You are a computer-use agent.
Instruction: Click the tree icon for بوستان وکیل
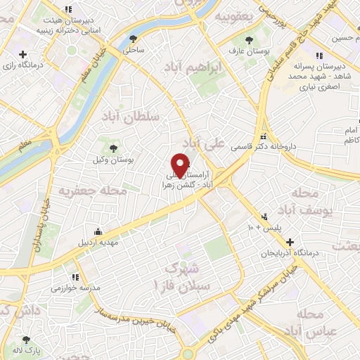point(114,146)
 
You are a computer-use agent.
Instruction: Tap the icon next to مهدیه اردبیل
point(97,233)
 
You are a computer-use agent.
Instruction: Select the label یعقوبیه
point(234,15)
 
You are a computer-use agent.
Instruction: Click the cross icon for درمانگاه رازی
point(23,55)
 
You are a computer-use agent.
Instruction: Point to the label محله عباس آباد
point(318,322)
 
